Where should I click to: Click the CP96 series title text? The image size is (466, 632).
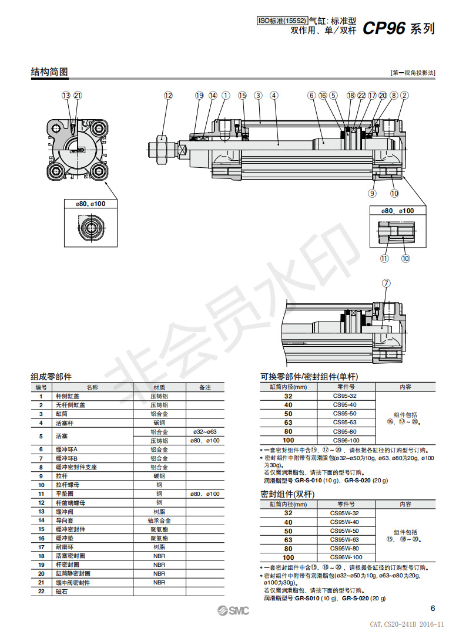point(398,28)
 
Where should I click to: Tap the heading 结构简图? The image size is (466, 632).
point(49,72)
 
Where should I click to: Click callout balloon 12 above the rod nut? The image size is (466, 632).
point(169,95)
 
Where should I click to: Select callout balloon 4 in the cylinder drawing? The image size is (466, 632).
point(274,95)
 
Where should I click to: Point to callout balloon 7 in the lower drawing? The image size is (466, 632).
point(386,283)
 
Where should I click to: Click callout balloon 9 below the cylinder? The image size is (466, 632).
point(372,192)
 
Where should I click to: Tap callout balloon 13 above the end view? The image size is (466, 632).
point(66,95)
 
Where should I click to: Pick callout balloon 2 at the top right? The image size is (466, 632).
point(404,95)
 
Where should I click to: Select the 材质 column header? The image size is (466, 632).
point(159,387)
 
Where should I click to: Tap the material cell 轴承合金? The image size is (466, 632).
point(159,520)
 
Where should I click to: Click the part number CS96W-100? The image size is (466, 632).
point(345,557)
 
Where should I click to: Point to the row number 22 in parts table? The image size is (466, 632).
point(41,591)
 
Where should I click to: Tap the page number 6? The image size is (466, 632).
point(433,608)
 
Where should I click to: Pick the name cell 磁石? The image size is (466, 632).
point(61,591)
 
